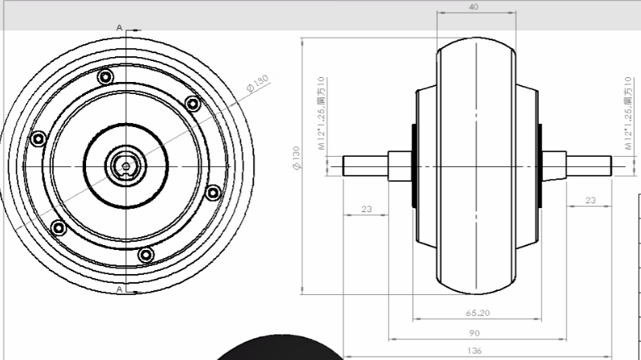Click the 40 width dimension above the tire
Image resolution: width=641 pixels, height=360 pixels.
476,6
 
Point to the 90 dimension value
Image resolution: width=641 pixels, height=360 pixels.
476,333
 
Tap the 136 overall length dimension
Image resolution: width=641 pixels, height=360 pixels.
476,351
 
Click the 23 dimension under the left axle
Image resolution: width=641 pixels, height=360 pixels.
366,209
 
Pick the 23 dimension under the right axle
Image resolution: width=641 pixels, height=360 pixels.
590,200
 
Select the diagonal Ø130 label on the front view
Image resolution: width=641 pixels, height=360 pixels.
258,84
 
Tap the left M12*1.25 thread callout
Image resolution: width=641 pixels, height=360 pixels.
321,113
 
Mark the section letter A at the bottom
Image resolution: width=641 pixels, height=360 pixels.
120,288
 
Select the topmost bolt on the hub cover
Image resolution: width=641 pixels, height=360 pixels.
104,77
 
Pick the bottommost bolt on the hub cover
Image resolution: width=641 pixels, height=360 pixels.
145,255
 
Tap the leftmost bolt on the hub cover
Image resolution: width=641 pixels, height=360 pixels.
37,139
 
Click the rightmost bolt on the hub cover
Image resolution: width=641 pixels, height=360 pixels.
213,192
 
